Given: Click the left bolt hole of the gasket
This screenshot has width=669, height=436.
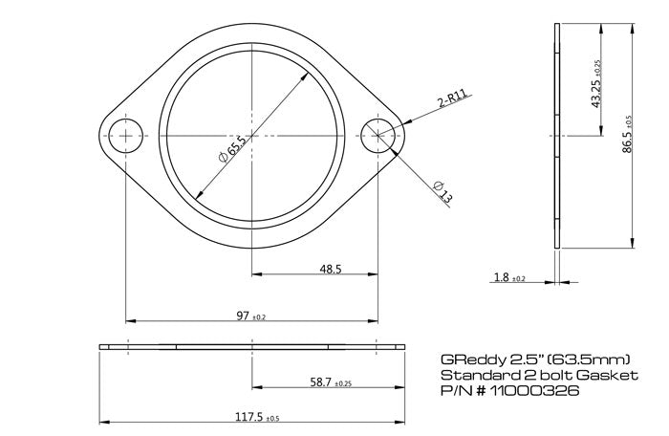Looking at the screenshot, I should [x=125, y=136].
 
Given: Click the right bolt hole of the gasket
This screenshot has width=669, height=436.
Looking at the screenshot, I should [x=379, y=136].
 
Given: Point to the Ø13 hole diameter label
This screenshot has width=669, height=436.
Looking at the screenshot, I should [x=442, y=191].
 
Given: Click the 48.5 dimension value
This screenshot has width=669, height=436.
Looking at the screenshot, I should [x=332, y=269].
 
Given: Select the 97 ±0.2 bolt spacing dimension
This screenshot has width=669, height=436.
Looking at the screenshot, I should [x=250, y=316].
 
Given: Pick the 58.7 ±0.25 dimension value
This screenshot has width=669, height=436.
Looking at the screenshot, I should [x=332, y=381].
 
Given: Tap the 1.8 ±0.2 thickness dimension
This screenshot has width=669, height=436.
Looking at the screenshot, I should [x=509, y=278].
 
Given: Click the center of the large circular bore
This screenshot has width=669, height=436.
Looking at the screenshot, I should [x=252, y=136].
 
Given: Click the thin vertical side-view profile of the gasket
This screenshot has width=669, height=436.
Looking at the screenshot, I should [x=557, y=136].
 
